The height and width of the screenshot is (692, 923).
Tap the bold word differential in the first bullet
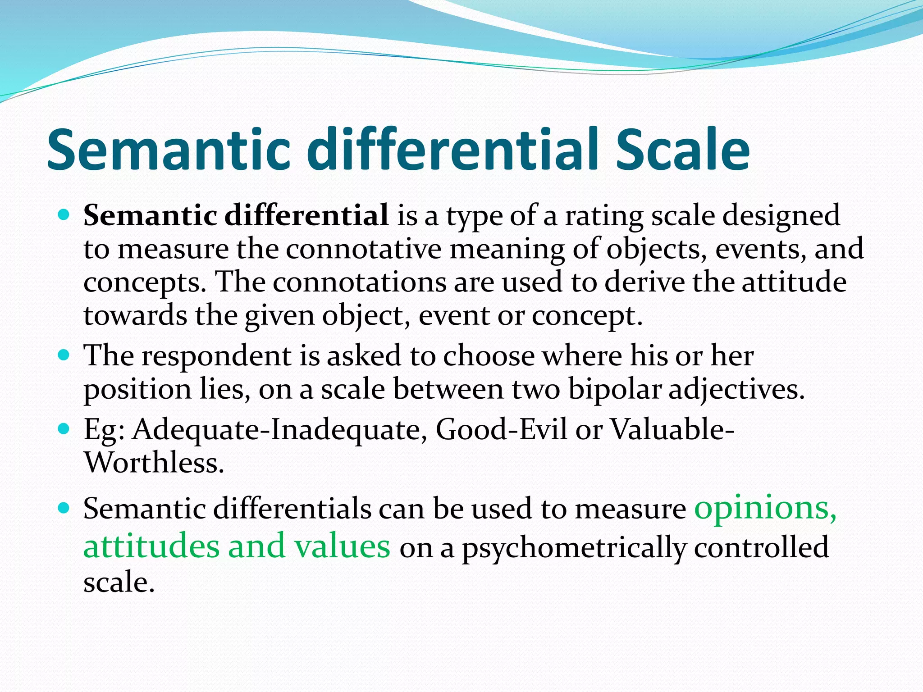click(306, 215)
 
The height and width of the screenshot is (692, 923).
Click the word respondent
click(217, 356)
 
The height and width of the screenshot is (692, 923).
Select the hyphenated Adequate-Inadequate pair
click(280, 429)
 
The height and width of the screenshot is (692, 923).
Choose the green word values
click(342, 546)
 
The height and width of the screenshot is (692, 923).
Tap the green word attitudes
click(151, 546)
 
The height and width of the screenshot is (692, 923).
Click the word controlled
click(761, 547)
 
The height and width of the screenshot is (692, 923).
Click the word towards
click(135, 316)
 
